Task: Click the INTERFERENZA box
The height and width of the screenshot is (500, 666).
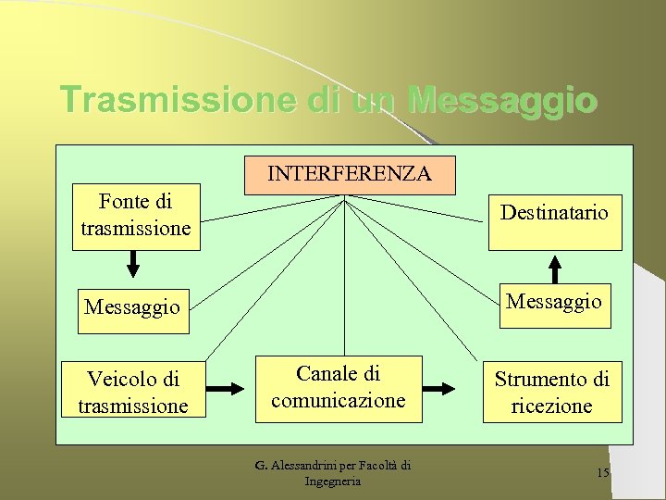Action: [350, 174]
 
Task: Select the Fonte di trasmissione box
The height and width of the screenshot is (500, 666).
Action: [136, 215]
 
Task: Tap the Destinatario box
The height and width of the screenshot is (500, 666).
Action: [555, 222]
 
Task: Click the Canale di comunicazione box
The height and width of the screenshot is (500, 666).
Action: [339, 388]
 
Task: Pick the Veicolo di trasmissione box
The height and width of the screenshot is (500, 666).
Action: [133, 393]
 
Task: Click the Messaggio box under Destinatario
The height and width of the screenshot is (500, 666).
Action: [554, 303]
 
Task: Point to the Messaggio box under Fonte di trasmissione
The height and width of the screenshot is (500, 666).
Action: [133, 307]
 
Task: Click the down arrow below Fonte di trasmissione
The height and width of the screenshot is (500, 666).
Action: [133, 264]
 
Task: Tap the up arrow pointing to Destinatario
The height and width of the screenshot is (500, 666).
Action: [554, 268]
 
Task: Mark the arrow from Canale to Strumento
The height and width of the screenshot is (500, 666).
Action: [453, 389]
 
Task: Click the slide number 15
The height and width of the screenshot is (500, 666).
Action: [603, 473]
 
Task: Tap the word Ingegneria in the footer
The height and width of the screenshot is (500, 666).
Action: [332, 481]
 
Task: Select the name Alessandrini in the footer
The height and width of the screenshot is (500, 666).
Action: [304, 466]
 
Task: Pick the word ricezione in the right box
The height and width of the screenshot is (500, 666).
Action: [551, 406]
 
